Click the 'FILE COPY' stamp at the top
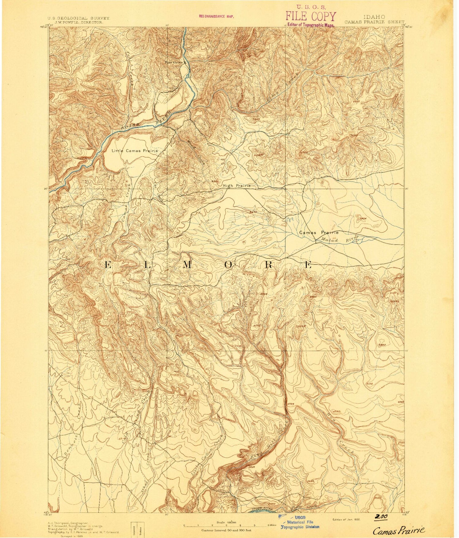click(311, 17)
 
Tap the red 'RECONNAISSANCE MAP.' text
click(216, 17)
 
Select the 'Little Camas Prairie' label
click(135, 151)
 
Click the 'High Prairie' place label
click(237, 186)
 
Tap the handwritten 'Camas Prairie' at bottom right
click(399, 530)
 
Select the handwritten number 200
click(381, 517)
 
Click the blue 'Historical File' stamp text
click(300, 522)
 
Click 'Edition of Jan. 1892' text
click(346, 519)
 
